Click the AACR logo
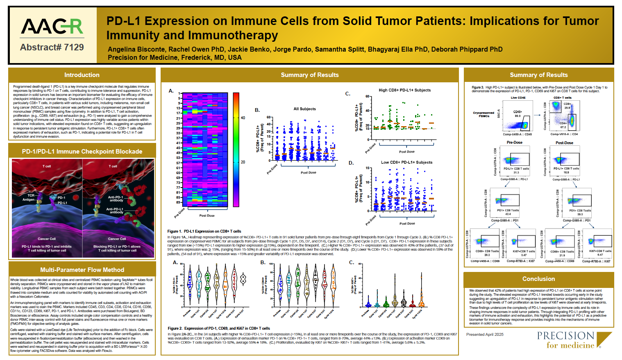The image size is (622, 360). (x=52, y=27)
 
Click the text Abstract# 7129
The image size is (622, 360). (x=52, y=48)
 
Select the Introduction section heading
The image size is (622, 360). (x=82, y=75)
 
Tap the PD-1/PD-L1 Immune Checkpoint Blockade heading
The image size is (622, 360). (x=82, y=152)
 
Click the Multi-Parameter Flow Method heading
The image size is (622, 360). (x=82, y=270)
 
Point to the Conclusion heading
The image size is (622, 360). (x=538, y=279)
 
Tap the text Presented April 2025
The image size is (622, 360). (x=485, y=335)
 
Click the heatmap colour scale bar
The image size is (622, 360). (x=236, y=149)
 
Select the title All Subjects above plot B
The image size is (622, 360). (x=304, y=109)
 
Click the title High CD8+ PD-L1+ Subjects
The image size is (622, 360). (x=404, y=90)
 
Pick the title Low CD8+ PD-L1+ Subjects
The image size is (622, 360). (x=406, y=162)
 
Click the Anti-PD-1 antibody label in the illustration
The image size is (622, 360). (x=116, y=199)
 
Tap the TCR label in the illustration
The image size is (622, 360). (x=31, y=195)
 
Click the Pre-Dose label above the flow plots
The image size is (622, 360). (x=514, y=143)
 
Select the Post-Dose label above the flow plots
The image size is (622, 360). (x=564, y=143)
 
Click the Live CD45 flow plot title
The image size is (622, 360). (x=518, y=98)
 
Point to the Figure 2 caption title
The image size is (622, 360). (x=219, y=328)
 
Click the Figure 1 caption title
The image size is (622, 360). (x=204, y=231)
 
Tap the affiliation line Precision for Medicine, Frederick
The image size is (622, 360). (x=175, y=57)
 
